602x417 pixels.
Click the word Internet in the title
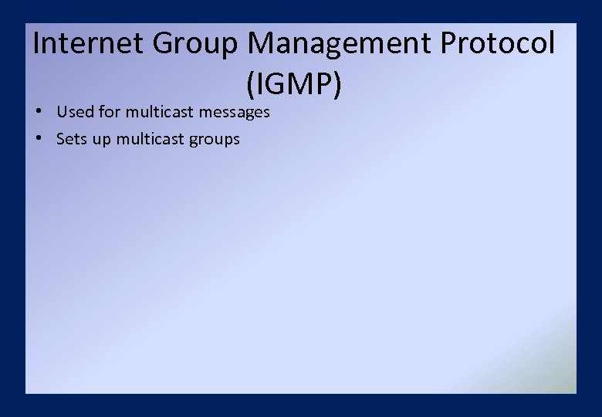pos(89,43)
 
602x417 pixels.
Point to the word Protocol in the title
pos(497,43)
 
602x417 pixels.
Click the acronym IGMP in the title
pos(293,84)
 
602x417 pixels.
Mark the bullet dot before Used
pos(38,112)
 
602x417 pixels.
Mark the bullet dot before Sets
pos(38,139)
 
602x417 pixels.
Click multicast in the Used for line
pos(160,112)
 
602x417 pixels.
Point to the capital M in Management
pos(263,43)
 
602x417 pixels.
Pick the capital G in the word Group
pos(164,43)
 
